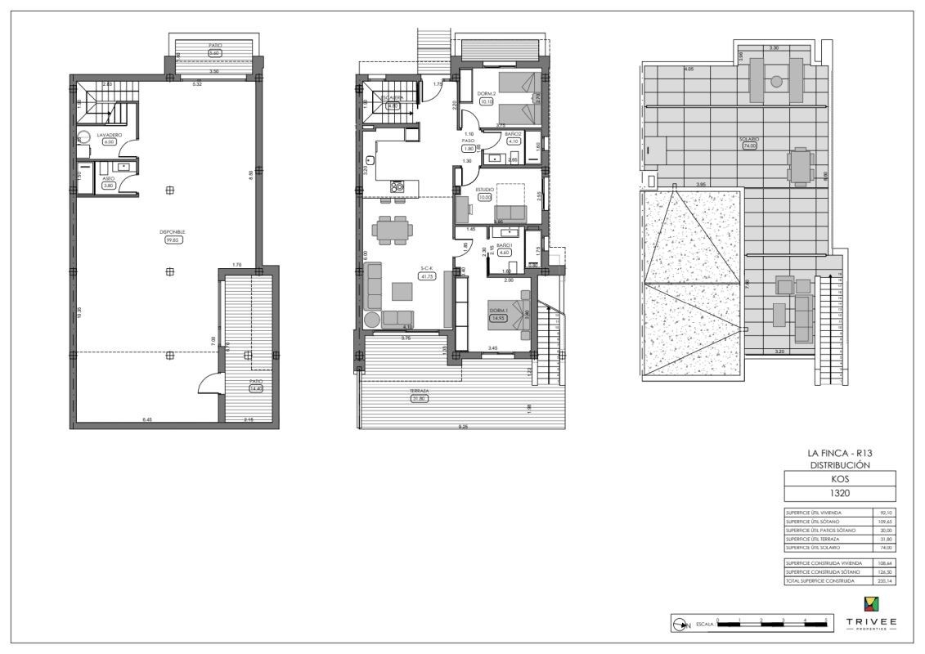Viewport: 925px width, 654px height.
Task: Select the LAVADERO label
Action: (x=110, y=134)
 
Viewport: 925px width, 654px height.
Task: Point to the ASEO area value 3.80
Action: (x=109, y=186)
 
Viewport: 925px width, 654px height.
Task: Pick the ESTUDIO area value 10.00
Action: (x=485, y=197)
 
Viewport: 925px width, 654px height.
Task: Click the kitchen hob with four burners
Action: (x=397, y=186)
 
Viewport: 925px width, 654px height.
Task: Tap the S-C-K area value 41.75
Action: (x=426, y=276)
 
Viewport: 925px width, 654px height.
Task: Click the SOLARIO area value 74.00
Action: (x=749, y=146)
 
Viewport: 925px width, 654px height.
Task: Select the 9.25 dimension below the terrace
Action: (x=463, y=426)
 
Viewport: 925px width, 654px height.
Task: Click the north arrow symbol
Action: (x=680, y=625)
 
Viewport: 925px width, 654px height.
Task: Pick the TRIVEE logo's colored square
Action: (x=871, y=605)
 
